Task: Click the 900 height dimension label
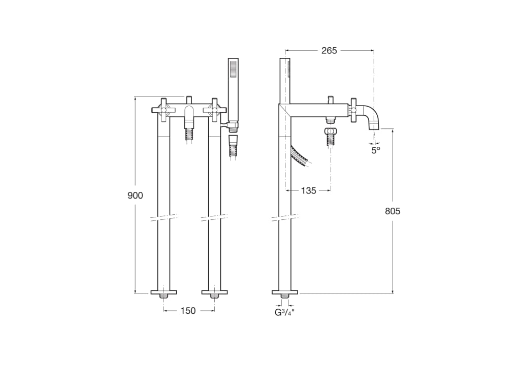tap(135, 196)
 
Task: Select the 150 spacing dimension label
tap(188, 311)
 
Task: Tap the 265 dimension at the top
tap(329, 50)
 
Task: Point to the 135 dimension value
tap(308, 190)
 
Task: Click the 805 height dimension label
tap(392, 211)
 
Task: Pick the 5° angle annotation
tap(375, 150)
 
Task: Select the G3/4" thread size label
tap(284, 312)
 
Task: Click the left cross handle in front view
tap(164, 109)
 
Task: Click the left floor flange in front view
tap(164, 292)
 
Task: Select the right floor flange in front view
tap(214, 292)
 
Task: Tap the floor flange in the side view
tap(285, 292)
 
